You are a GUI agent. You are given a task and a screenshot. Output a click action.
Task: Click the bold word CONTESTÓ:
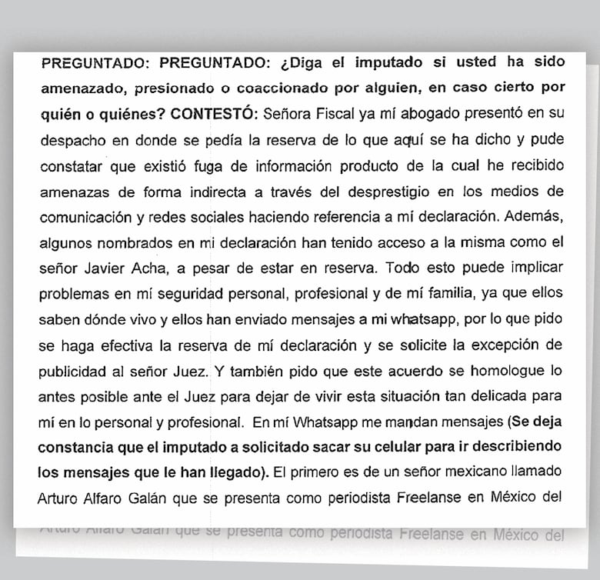[x=214, y=114]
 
